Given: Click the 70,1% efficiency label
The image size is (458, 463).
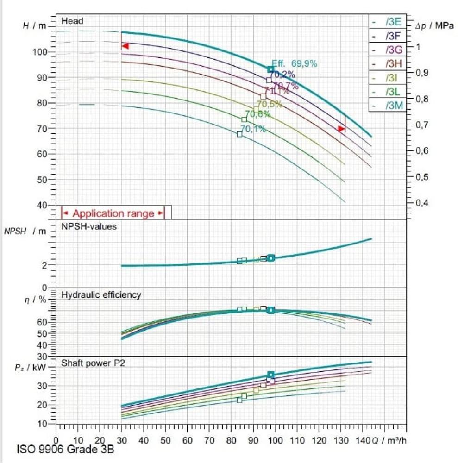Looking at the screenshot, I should [253, 129].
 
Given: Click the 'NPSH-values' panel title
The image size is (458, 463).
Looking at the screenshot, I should [89, 227].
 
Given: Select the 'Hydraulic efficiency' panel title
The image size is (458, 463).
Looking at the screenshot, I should [101, 294].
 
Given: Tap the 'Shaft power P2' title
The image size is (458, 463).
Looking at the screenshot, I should [93, 363].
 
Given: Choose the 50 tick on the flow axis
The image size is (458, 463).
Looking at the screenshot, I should [166, 440].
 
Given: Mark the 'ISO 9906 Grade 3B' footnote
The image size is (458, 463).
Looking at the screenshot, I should [65, 450].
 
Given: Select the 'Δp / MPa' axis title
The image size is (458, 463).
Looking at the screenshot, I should [434, 26].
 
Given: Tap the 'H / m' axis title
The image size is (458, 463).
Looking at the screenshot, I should [35, 26].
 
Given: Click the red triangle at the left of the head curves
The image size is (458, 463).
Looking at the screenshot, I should [125, 46].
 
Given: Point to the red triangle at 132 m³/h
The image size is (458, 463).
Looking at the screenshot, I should [342, 129].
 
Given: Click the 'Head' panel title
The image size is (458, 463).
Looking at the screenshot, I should [73, 21].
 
